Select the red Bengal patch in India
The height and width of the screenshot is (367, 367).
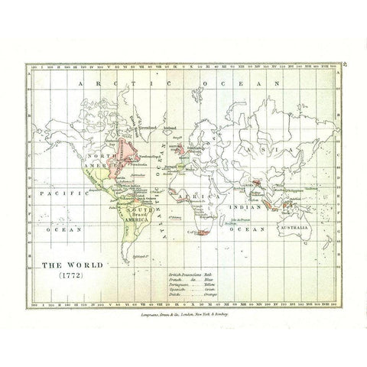click(261, 162)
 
